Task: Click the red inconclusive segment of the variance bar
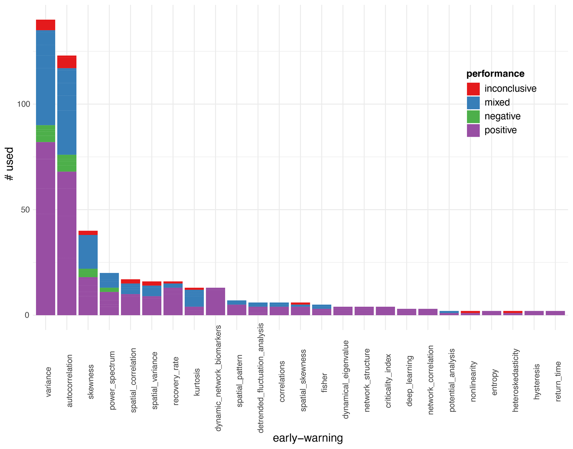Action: [45, 25]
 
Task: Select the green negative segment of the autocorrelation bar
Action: [67, 163]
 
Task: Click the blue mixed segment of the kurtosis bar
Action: [194, 298]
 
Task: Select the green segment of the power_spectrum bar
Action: [109, 290]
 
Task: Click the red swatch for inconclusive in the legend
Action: [473, 89]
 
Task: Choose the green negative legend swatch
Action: [473, 117]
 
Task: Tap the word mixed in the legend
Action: [497, 103]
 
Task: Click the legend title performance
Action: [495, 74]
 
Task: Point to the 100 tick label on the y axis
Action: [23, 104]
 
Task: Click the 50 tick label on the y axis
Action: [25, 210]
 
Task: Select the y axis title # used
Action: [9, 164]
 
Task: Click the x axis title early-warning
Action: [308, 438]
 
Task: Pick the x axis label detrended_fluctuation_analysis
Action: [260, 378]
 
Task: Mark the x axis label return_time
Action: [558, 381]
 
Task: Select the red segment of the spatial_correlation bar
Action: [130, 281]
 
